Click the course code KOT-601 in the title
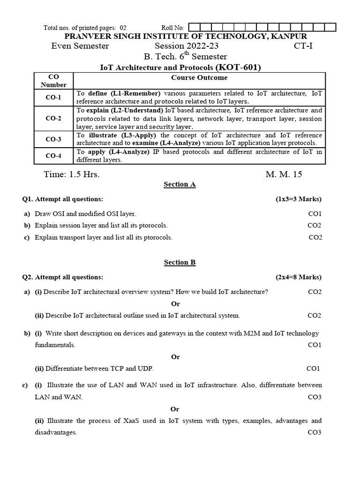click(237, 67)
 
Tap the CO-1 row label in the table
click(53, 97)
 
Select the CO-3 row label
click(53, 139)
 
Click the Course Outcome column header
click(199, 77)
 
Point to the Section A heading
click(180, 184)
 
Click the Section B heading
click(180, 262)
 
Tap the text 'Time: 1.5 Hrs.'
click(72, 174)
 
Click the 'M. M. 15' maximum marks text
click(284, 174)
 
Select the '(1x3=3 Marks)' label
click(298, 199)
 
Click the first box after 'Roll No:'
click(193, 28)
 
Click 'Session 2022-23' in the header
click(187, 46)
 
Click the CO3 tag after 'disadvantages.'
click(314, 432)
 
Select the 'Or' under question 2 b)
click(175, 357)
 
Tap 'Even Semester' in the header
click(80, 46)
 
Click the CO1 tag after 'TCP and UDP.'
click(313, 368)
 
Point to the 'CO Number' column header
click(53, 81)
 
